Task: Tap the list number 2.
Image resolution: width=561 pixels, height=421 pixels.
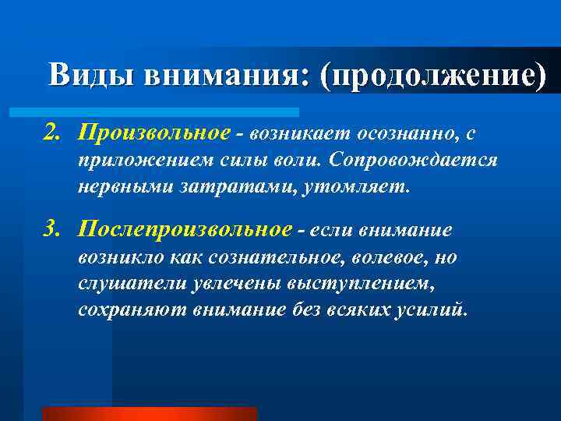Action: coord(52,135)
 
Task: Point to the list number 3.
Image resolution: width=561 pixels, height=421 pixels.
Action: coord(52,231)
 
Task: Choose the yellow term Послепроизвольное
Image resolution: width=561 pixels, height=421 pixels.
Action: coord(185,230)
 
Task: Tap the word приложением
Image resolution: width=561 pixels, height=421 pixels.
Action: coord(134,161)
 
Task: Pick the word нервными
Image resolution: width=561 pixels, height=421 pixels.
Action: coord(116,188)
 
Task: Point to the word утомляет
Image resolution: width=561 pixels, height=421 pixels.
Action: coord(365,188)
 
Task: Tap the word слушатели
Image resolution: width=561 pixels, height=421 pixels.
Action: coord(122,285)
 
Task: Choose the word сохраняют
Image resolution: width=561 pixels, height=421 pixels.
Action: coord(125,310)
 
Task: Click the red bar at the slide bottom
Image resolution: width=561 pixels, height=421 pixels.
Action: coord(148,414)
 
